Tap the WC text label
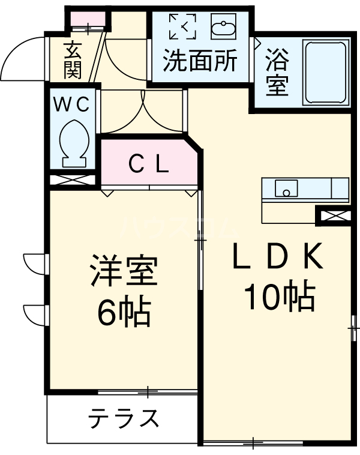point(72,104)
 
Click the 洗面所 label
point(201,61)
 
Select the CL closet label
point(149,163)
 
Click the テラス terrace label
point(124,418)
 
